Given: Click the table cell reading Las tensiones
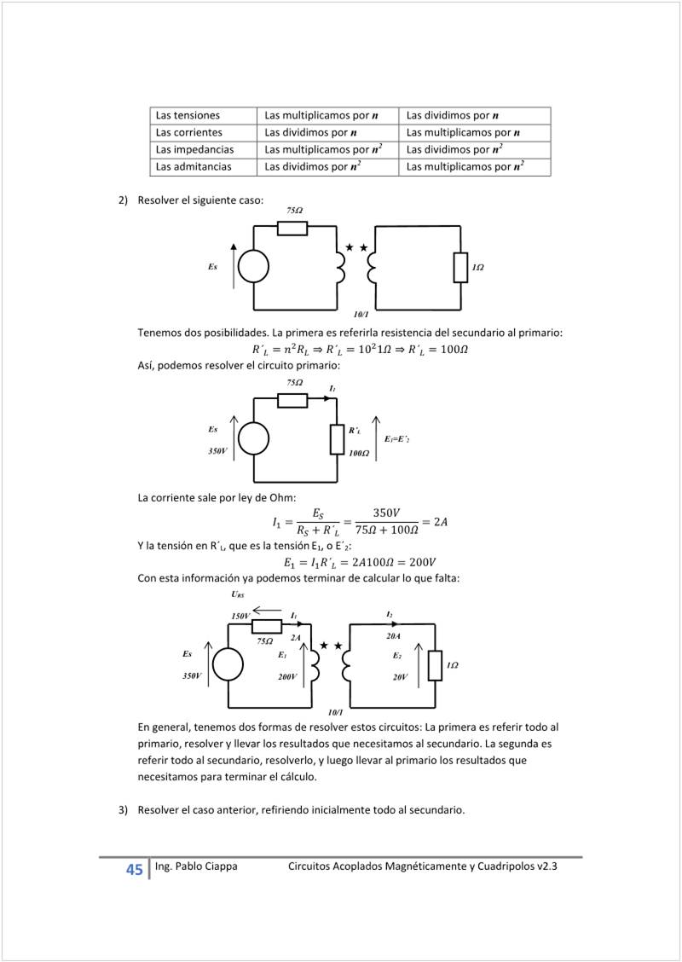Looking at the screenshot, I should [188, 115].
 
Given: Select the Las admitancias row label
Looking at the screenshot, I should [194, 167].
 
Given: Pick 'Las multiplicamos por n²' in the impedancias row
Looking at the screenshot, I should [323, 149].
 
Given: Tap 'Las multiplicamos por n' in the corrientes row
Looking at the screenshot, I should [463, 132].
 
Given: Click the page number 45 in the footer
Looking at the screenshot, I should [135, 870].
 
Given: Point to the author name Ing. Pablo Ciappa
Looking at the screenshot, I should [196, 866].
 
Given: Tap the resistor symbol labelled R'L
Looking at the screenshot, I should [337, 438].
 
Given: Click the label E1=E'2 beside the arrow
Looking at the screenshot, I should [397, 438].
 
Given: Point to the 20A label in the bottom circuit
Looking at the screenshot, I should [393, 635].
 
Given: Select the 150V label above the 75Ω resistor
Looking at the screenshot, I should [240, 615].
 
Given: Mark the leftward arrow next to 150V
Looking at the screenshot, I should [268, 610].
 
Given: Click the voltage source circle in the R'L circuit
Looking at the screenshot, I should [253, 438].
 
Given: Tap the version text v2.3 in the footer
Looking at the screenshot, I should [546, 866].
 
